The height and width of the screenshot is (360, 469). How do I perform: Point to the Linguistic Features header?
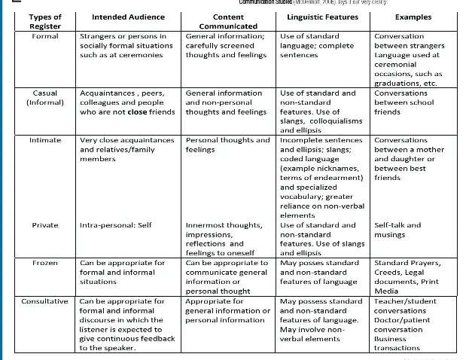click(323, 16)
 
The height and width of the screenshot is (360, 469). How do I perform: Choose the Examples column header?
click(413, 16)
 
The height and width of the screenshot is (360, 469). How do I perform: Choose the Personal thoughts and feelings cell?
click(227, 145)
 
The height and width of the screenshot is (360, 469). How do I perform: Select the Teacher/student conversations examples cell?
click(410, 325)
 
